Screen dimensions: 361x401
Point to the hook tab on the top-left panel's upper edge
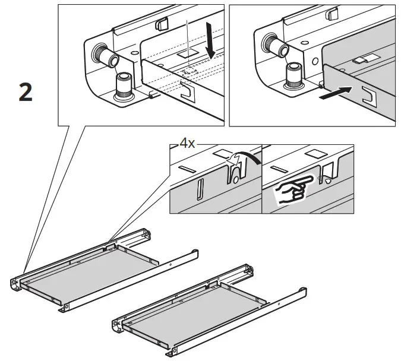click(161, 24)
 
